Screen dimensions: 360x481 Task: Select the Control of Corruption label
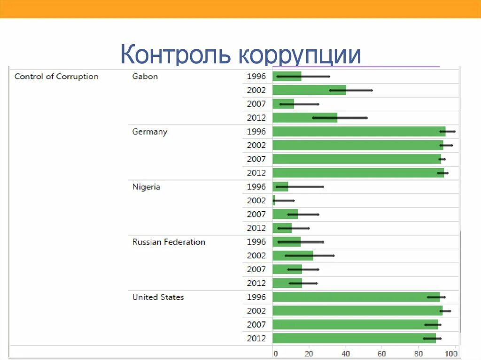click(56, 77)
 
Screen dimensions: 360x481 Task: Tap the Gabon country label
click(145, 77)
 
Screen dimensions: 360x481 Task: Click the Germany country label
click(149, 132)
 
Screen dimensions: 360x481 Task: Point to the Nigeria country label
click(146, 187)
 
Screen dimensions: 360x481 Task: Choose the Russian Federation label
click(169, 242)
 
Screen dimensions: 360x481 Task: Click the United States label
click(158, 297)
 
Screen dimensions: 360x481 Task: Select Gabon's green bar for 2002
click(309, 90)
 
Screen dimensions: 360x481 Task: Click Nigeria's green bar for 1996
click(280, 187)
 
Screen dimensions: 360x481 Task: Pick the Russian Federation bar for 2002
click(292, 256)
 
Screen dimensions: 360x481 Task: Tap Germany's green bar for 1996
click(358, 132)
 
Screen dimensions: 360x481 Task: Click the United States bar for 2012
click(354, 338)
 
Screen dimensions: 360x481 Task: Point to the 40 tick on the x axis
click(346, 353)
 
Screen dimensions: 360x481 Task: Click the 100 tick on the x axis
click(451, 353)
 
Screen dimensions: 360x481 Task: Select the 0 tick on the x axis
click(275, 353)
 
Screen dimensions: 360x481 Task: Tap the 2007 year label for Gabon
click(256, 104)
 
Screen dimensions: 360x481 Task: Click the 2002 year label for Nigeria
click(256, 200)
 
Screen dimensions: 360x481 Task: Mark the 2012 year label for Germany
click(256, 173)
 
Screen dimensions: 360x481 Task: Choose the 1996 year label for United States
click(256, 297)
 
